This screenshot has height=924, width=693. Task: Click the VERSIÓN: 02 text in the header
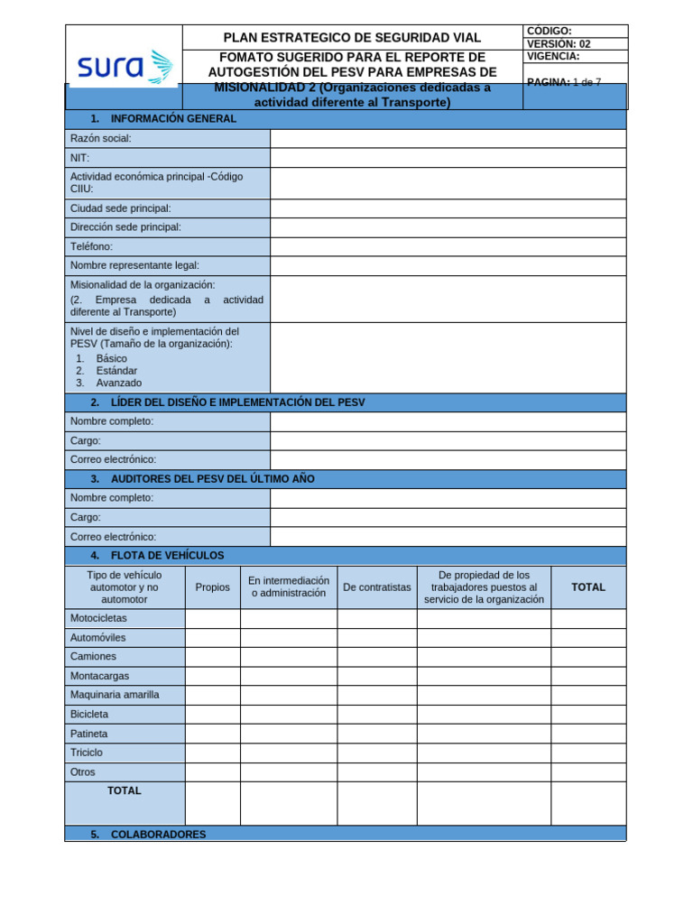[559, 43]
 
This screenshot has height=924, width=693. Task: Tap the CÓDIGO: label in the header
[549, 31]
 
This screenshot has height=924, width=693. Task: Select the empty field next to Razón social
[448, 138]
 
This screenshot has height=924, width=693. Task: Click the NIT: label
[80, 158]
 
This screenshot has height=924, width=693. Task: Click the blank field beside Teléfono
[448, 246]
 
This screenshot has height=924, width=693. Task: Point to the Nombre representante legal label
[134, 265]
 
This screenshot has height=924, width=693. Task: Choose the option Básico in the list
[111, 358]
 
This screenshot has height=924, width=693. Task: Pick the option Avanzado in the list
[118, 383]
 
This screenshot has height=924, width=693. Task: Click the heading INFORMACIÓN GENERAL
[173, 119]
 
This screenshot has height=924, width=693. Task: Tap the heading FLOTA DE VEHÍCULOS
[167, 556]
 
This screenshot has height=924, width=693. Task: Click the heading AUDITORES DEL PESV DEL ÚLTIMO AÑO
[212, 479]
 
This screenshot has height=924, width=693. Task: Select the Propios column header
[212, 587]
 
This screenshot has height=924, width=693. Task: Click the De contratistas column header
[376, 587]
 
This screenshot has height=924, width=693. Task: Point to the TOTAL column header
[588, 587]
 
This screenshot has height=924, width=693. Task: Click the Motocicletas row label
[99, 618]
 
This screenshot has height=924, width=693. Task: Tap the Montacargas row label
[99, 676]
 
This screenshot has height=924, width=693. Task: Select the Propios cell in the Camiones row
[212, 657]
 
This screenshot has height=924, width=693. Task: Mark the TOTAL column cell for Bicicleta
[588, 715]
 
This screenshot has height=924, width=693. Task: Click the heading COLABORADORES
[159, 835]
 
